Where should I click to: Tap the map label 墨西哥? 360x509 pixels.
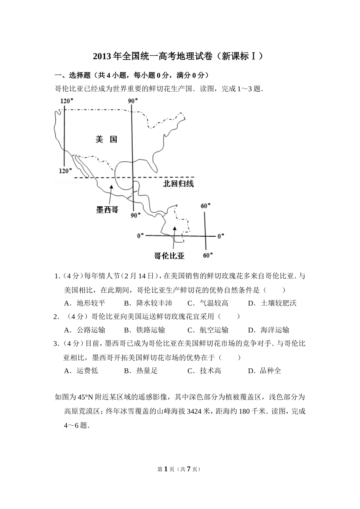pyautogui.click(x=107, y=209)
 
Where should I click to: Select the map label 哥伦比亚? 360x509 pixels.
pyautogui.click(x=169, y=256)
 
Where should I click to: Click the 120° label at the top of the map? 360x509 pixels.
pyautogui.click(x=66, y=101)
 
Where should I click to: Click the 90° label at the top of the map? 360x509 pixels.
pyautogui.click(x=133, y=101)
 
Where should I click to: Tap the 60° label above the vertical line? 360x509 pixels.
pyautogui.click(x=205, y=206)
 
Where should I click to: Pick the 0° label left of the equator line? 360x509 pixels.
pyautogui.click(x=141, y=236)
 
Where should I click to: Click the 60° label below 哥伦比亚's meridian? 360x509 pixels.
pyautogui.click(x=207, y=255)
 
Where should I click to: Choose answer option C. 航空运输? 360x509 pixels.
pyautogui.click(x=208, y=330)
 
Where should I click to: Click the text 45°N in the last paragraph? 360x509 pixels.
pyautogui.click(x=85, y=397)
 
